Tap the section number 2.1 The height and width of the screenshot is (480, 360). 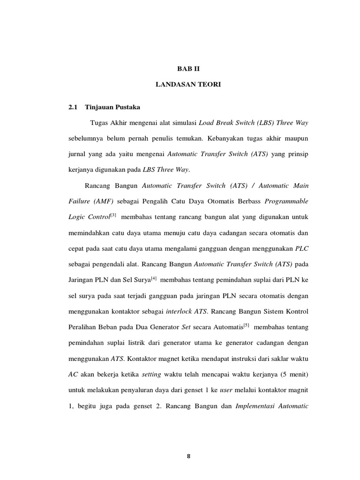(x=72, y=107)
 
